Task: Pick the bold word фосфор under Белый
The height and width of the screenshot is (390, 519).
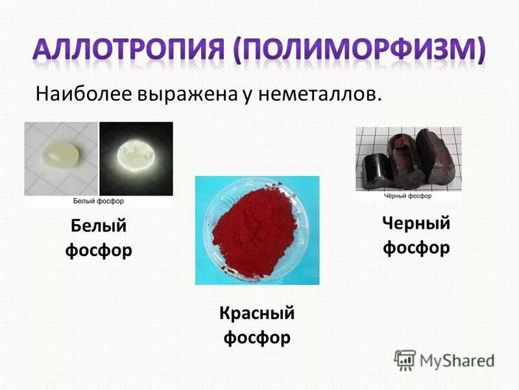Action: (98, 250)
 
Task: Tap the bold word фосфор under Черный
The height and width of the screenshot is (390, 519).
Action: (416, 248)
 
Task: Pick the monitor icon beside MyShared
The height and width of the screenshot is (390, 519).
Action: (405, 359)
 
